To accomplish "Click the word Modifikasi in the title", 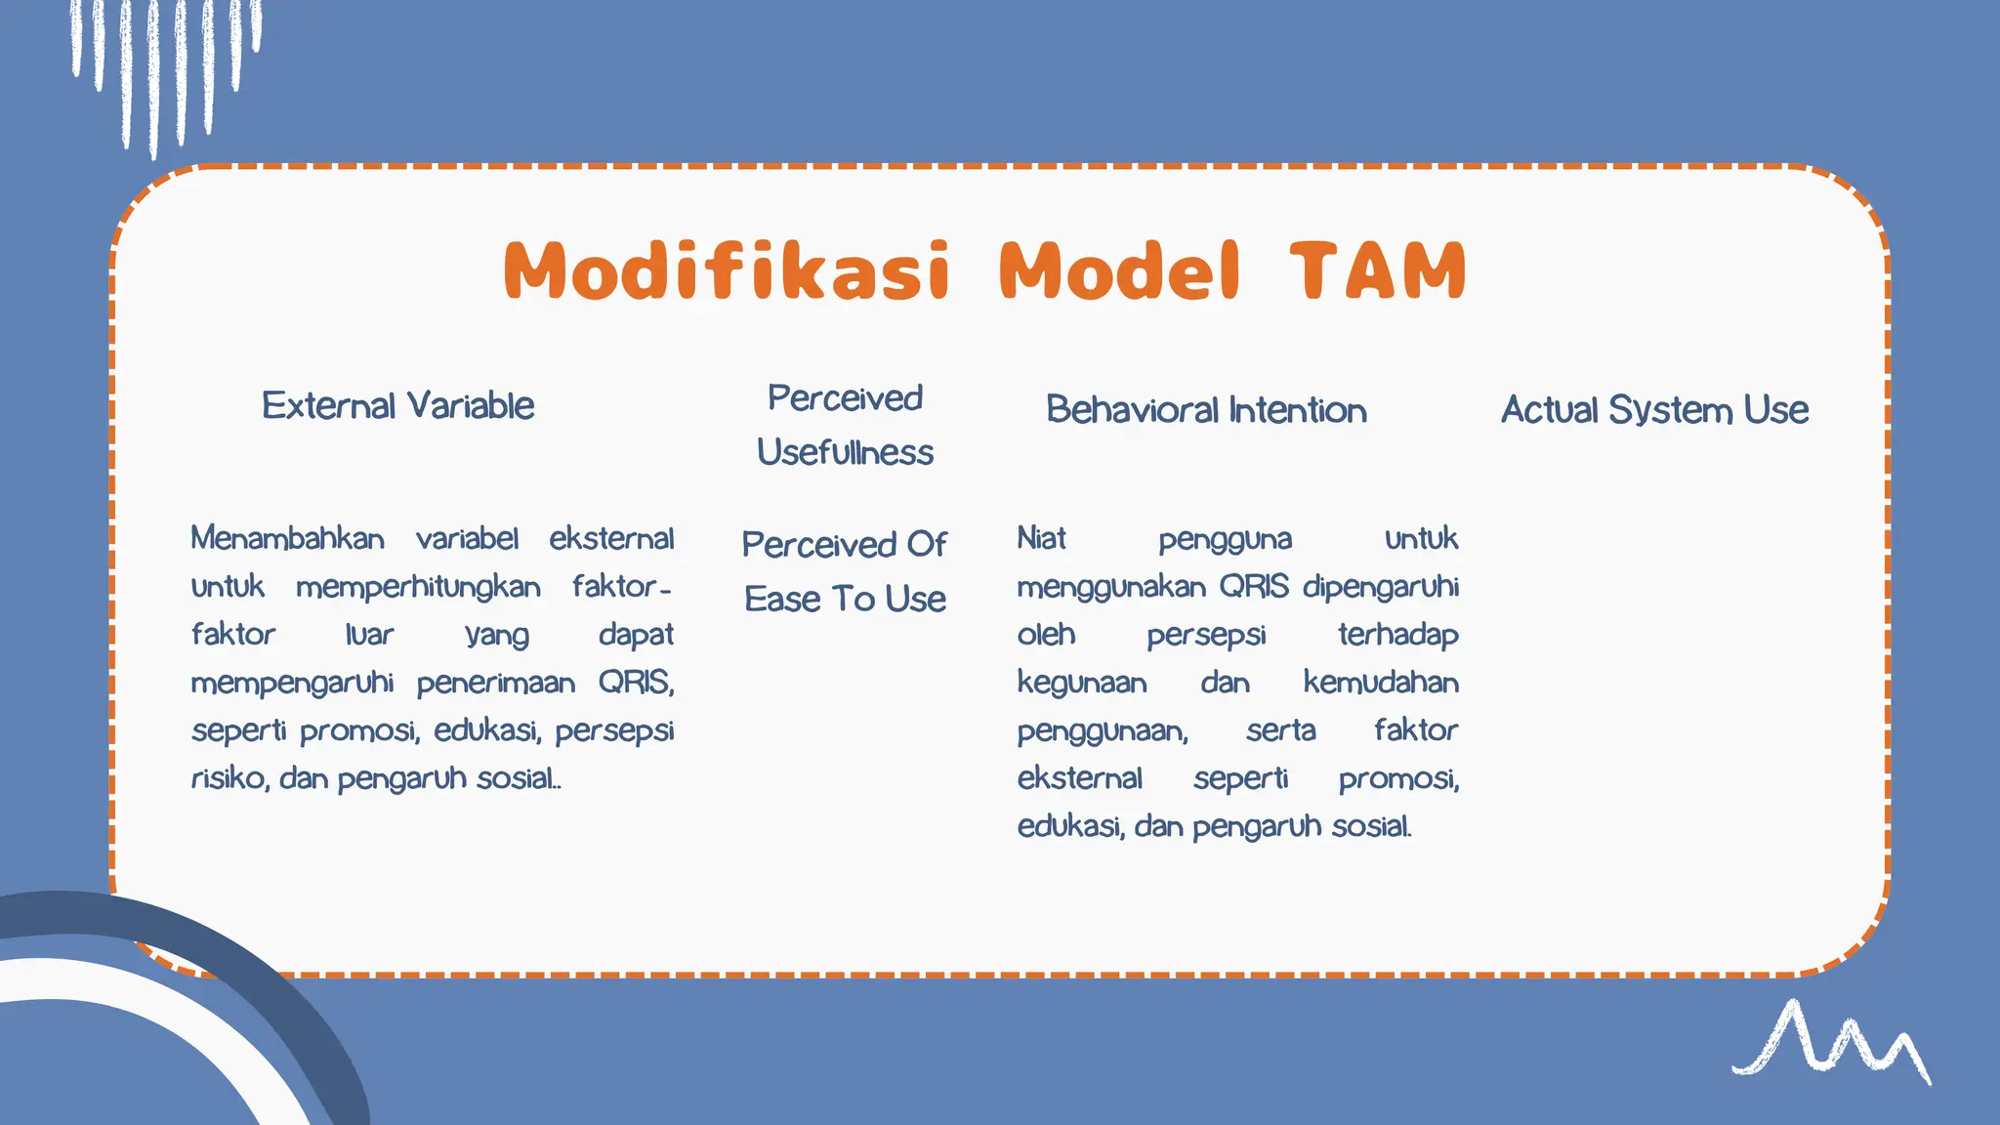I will [x=727, y=271].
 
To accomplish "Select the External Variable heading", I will [x=397, y=405].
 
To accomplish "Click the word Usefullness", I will [x=845, y=452].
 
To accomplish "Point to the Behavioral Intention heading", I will [x=1206, y=410].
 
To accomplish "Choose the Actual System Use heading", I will [x=1654, y=410].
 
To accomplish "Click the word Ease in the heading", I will [x=782, y=599].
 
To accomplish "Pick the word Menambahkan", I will [x=287, y=538].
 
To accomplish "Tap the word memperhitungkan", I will [x=418, y=587].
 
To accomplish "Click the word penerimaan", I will [x=496, y=683].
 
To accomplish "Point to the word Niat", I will [x=1041, y=538].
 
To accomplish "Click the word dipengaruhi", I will [x=1380, y=587].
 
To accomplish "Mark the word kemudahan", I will [x=1380, y=683].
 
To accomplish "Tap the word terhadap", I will [x=1397, y=635].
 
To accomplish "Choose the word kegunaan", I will [x=1081, y=683].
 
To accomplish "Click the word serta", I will [x=1280, y=730].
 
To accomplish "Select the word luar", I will [x=369, y=635].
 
